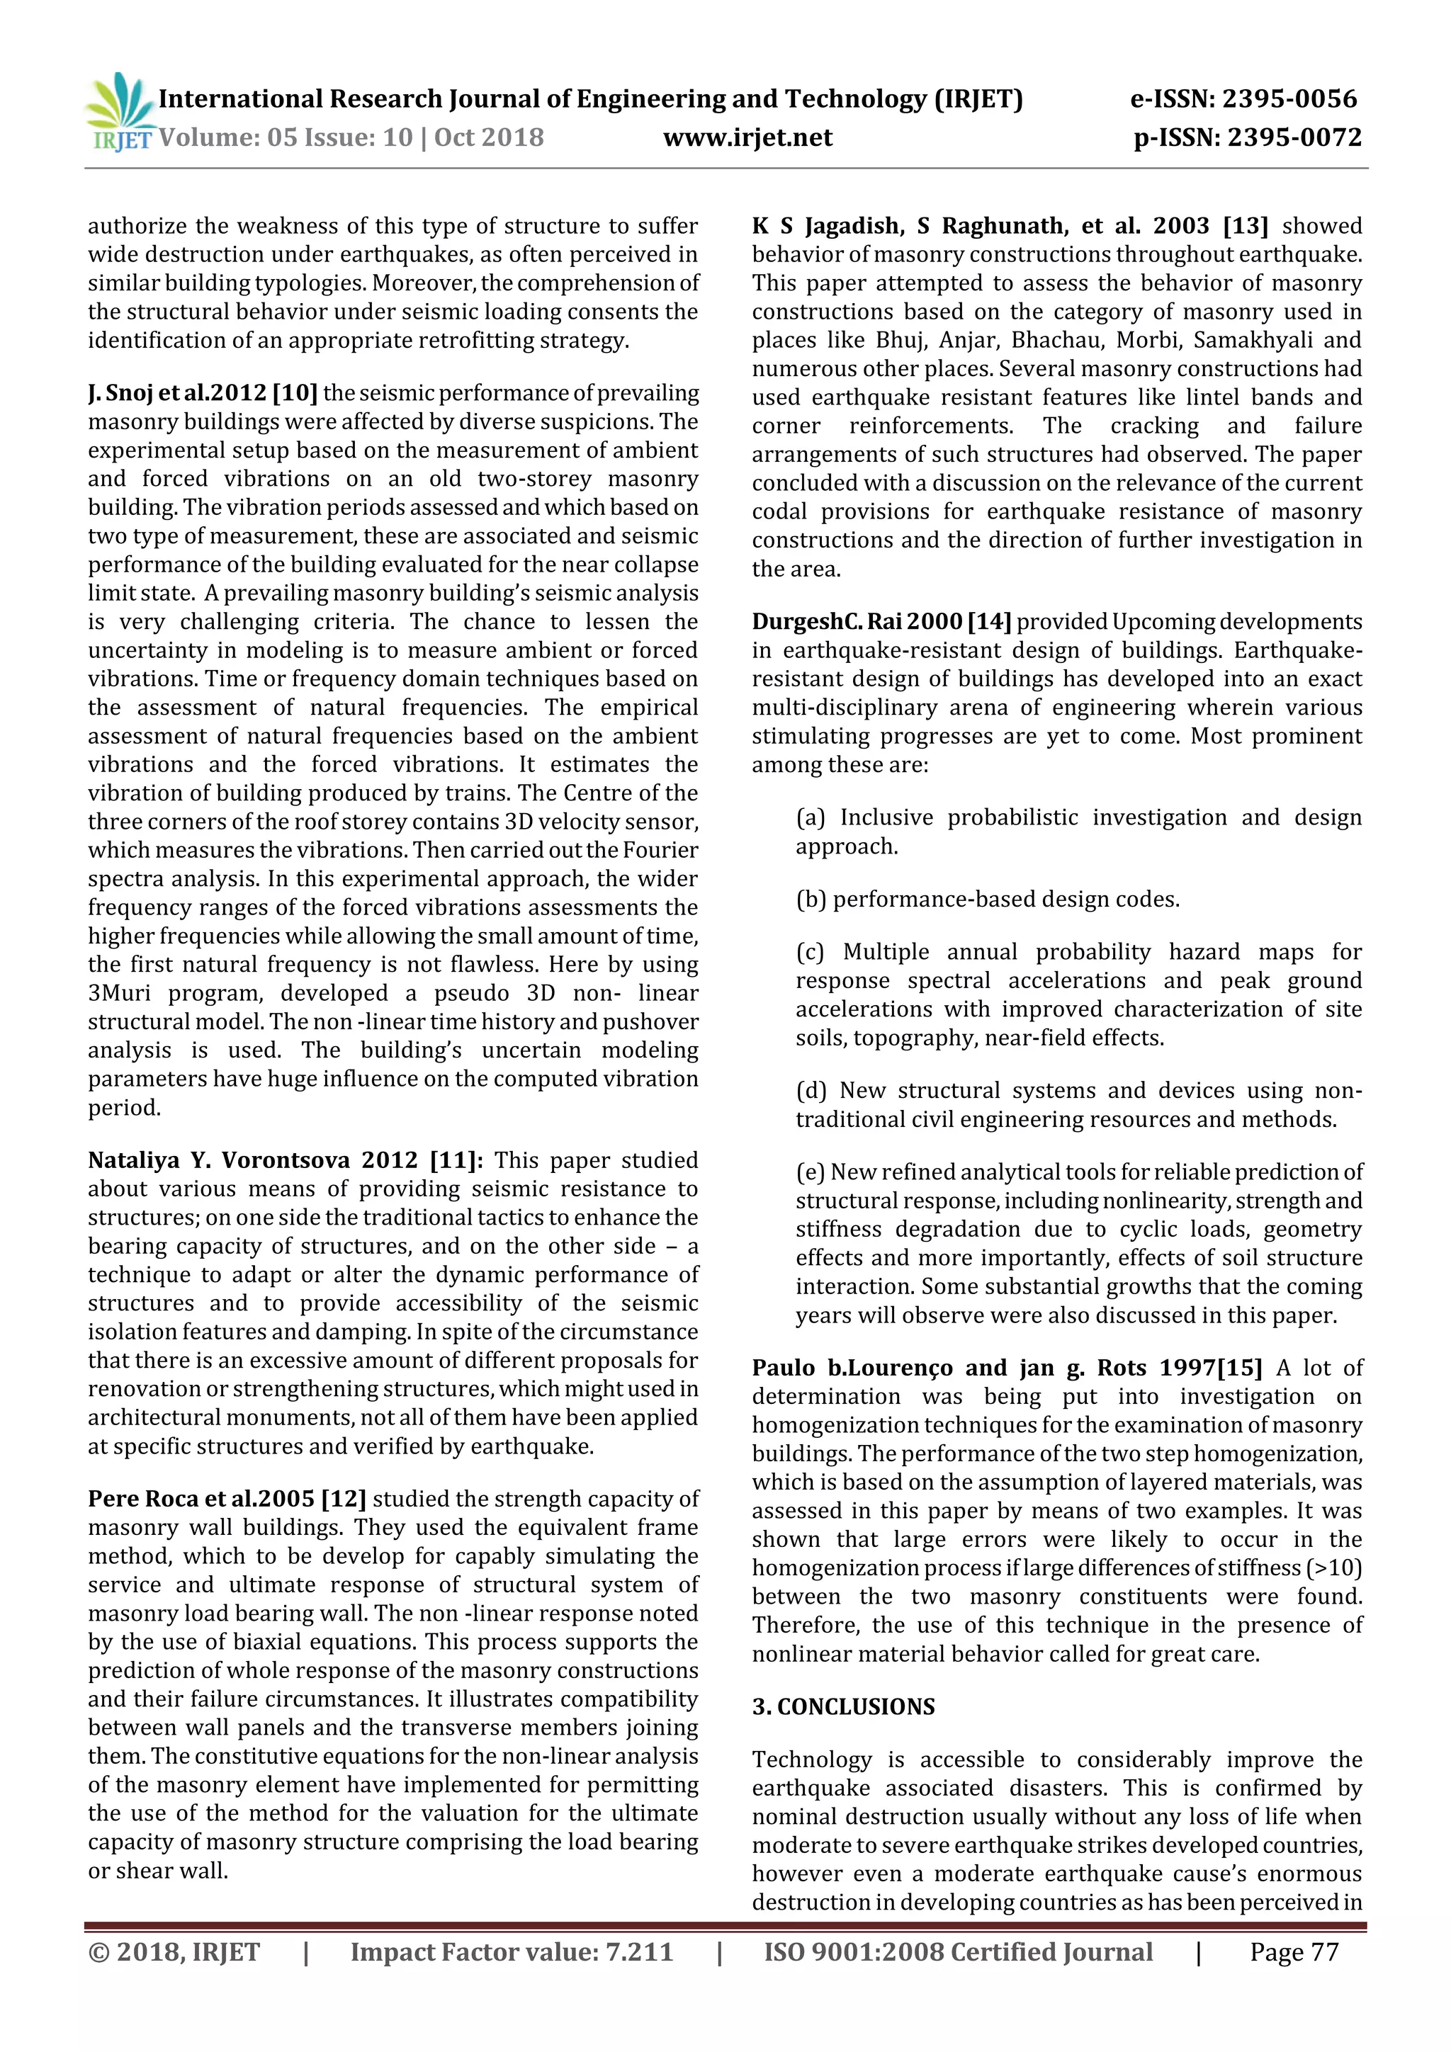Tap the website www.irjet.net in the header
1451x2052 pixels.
click(x=747, y=137)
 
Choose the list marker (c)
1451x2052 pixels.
click(x=811, y=952)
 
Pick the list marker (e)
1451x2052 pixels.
click(x=811, y=1172)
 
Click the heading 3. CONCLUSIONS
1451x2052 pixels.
click(x=843, y=1706)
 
